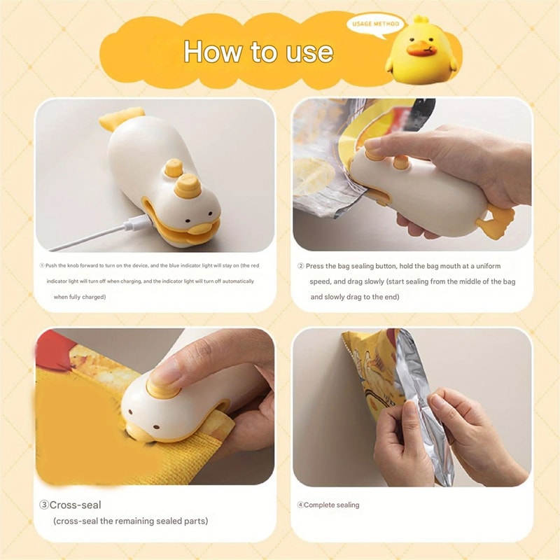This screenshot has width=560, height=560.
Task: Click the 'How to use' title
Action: click(258, 52)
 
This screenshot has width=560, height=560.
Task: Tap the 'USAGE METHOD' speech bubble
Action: click(377, 24)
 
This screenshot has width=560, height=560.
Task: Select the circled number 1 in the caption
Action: click(42, 266)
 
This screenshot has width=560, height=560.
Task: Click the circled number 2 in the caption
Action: click(301, 266)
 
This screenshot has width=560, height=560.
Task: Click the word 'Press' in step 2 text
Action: click(317, 266)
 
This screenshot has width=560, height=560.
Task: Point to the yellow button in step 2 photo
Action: click(401, 162)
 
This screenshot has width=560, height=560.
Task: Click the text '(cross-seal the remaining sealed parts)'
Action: click(130, 521)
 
